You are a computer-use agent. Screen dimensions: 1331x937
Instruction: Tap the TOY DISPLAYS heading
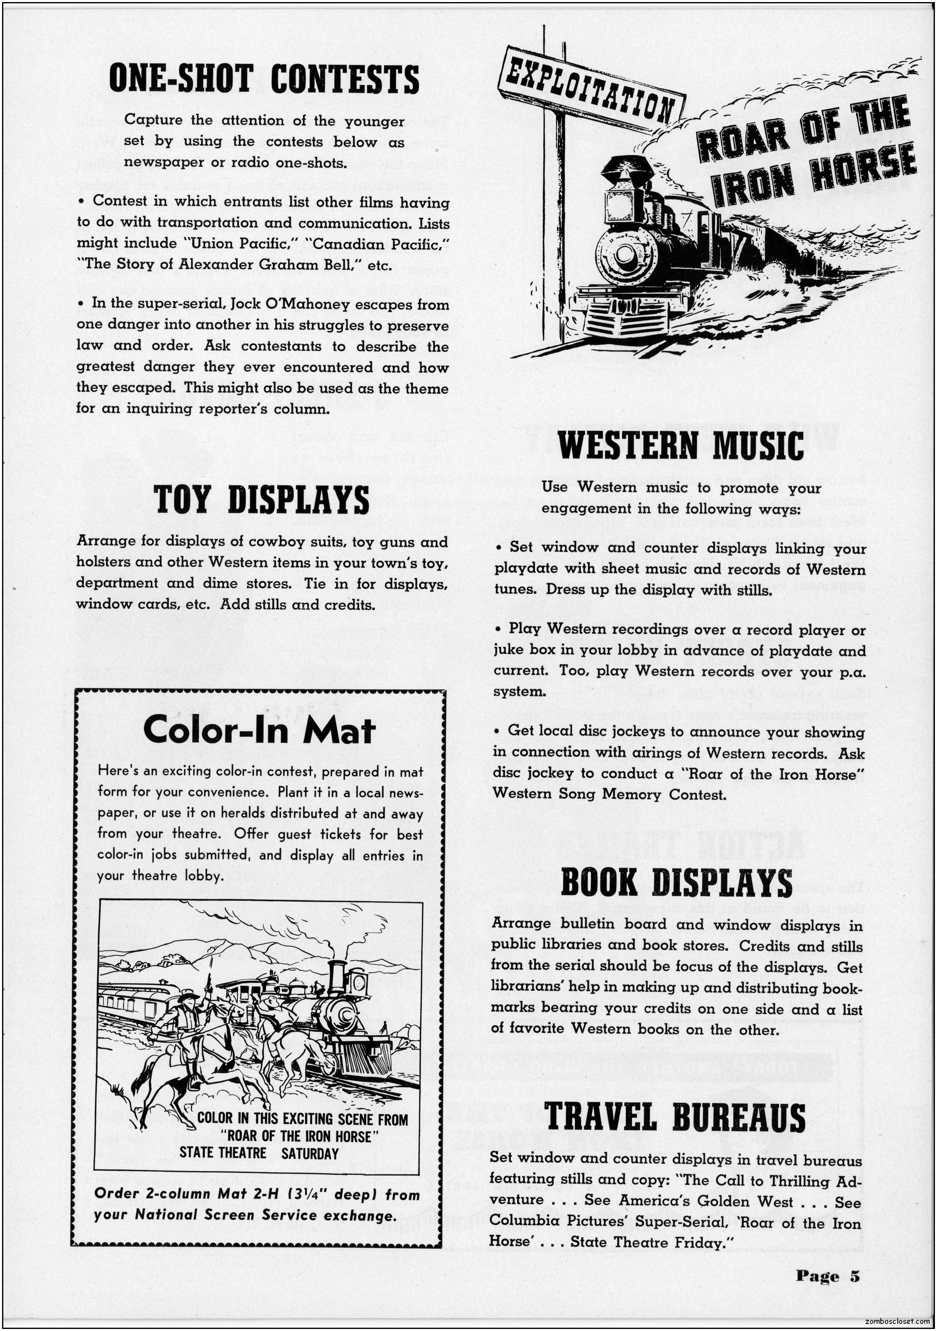pyautogui.click(x=261, y=500)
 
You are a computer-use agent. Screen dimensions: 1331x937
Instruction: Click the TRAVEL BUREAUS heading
pyautogui.click(x=675, y=1117)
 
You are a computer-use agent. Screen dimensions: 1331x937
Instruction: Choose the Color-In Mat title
pyautogui.click(x=259, y=730)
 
